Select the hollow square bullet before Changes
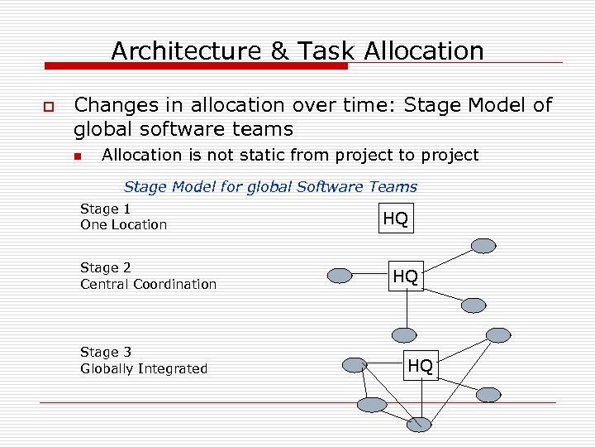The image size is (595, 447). pos(45,108)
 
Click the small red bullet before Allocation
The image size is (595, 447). pos(77,156)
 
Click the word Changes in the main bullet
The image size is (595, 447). pos(121,105)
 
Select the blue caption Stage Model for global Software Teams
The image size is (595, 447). pos(270,187)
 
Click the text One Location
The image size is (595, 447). pos(123,224)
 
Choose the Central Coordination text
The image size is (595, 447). pos(148,284)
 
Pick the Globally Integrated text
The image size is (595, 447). pos(144,368)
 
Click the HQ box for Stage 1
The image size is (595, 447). pos(396,219)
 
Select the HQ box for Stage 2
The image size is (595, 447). pos(405,276)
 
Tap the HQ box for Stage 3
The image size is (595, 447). pos(420,365)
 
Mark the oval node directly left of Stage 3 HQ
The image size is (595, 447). pos(355,364)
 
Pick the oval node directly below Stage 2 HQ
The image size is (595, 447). pos(404,335)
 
